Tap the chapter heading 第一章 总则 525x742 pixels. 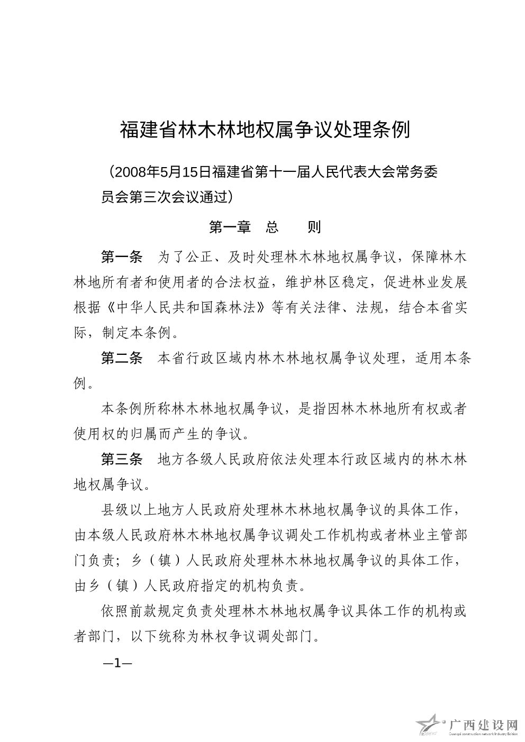(265, 227)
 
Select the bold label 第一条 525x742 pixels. (122, 258)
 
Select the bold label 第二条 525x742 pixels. (122, 359)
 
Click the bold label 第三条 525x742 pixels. (122, 460)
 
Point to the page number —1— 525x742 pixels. (117, 663)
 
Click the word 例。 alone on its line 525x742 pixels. (85, 383)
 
